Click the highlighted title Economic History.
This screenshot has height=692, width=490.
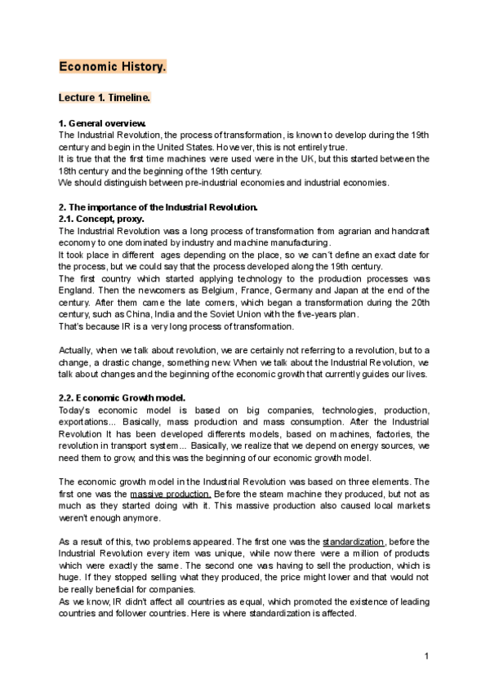click(113, 67)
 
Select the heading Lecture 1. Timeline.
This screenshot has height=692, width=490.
click(105, 98)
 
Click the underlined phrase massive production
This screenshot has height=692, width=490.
click(171, 494)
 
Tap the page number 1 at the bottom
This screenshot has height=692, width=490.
click(426, 657)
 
